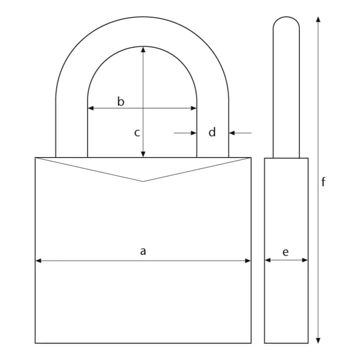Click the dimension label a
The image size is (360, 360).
pyautogui.click(x=143, y=251)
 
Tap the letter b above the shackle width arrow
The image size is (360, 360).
pyautogui.click(x=121, y=101)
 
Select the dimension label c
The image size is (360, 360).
pyautogui.click(x=137, y=133)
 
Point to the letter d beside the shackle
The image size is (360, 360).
pyautogui.click(x=212, y=133)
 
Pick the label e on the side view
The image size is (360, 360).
pyautogui.click(x=285, y=252)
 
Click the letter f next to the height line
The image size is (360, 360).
pyautogui.click(x=323, y=182)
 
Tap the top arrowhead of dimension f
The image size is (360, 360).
pyautogui.click(x=317, y=19)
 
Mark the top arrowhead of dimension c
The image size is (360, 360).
pyautogui.click(x=143, y=49)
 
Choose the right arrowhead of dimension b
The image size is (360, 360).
pyautogui.click(x=194, y=108)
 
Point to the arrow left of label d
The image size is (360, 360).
pyautogui.click(x=193, y=133)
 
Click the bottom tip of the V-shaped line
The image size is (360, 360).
pyautogui.click(x=143, y=181)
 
